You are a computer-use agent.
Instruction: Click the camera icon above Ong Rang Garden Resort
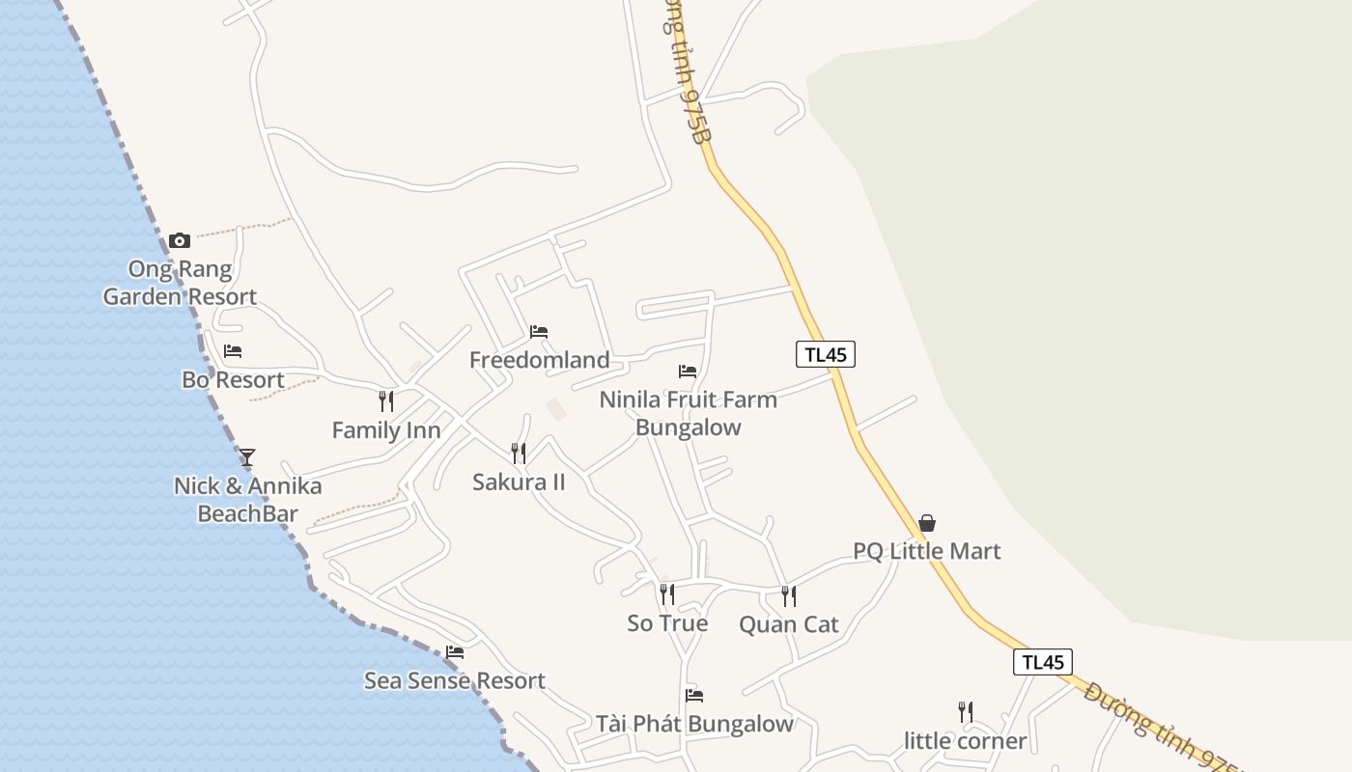[x=180, y=240]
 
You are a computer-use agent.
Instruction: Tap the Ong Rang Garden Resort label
[x=181, y=283]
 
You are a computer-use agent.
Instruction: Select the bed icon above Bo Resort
[x=233, y=351]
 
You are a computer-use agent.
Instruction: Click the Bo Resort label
[x=233, y=380]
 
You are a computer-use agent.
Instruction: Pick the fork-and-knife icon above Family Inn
[x=386, y=401]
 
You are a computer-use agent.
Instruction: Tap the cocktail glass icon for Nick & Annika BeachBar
[x=247, y=457]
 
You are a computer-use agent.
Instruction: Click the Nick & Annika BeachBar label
[x=247, y=499]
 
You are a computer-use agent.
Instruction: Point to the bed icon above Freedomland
[x=539, y=332]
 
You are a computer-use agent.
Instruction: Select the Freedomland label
[x=539, y=360]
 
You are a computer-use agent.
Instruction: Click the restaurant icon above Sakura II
[x=519, y=453]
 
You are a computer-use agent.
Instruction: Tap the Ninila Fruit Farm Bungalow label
[x=688, y=413]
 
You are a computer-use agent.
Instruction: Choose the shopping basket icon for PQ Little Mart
[x=927, y=523]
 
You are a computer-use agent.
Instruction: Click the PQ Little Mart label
[x=927, y=551]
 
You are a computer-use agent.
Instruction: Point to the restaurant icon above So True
[x=667, y=594]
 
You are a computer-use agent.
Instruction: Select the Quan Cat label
[x=789, y=624]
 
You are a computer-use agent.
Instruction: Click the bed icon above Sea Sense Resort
[x=455, y=652]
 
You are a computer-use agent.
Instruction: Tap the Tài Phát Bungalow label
[x=694, y=724]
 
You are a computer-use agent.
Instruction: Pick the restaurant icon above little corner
[x=965, y=712]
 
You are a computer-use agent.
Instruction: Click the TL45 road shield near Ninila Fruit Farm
[x=826, y=354]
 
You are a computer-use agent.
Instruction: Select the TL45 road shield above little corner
[x=1043, y=662]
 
